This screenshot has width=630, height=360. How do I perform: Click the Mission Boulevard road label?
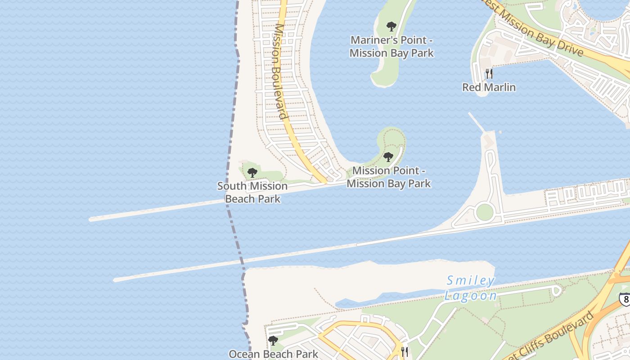tap(280, 71)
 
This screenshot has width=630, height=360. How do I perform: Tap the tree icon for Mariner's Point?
tap(391, 26)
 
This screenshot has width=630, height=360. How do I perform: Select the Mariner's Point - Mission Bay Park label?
tap(391, 46)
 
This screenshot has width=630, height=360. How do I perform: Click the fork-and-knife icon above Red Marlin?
tap(489, 73)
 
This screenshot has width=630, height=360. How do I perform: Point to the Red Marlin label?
tap(489, 87)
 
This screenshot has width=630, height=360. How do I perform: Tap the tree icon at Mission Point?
tap(388, 157)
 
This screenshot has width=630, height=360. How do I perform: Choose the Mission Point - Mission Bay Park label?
tap(388, 177)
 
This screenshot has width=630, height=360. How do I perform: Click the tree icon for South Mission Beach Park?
tap(252, 172)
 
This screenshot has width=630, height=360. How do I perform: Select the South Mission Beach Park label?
tap(252, 192)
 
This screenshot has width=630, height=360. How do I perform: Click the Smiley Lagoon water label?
tap(471, 288)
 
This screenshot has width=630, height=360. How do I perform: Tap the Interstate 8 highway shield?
tap(625, 298)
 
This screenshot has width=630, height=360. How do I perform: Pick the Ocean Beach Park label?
tap(274, 354)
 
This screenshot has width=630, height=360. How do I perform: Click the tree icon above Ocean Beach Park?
tap(273, 341)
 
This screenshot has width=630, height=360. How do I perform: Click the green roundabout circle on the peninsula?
tap(485, 212)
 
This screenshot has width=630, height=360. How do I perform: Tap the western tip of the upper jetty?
tap(91, 220)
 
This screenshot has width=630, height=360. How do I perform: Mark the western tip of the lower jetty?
tap(115, 280)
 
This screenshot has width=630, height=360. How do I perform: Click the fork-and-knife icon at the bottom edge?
tap(405, 352)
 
